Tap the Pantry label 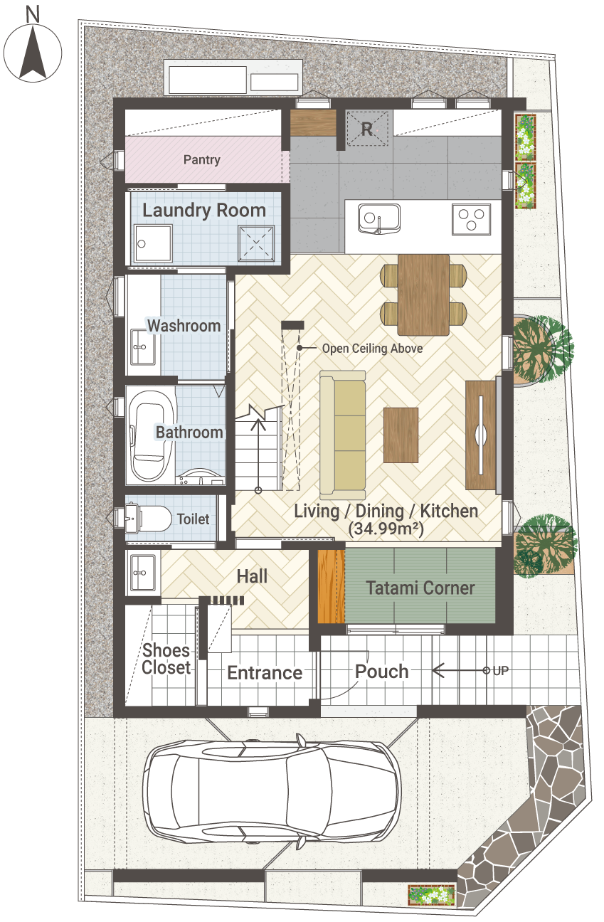click(x=202, y=159)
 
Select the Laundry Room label click(x=204, y=211)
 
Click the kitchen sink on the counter click(x=378, y=218)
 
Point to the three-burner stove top click(x=472, y=219)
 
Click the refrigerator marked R click(x=367, y=129)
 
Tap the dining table click(x=423, y=295)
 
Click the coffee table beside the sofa click(x=401, y=435)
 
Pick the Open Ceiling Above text click(x=372, y=349)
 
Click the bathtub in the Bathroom click(x=150, y=435)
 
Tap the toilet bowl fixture click(x=155, y=519)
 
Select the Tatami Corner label click(x=420, y=588)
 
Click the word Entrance click(x=265, y=673)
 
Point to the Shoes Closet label click(x=166, y=659)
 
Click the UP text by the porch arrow click(x=500, y=671)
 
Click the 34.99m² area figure click(x=386, y=529)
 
